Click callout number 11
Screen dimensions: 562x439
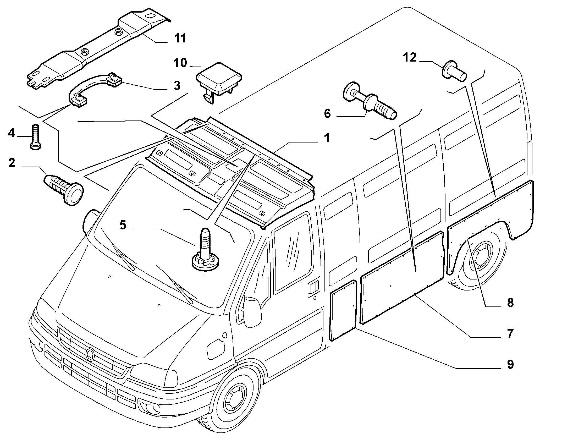point(180,38)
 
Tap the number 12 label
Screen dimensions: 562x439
point(410,58)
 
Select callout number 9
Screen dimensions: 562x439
point(510,365)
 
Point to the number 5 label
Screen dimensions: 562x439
point(123,225)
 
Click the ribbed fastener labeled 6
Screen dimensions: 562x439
point(370,101)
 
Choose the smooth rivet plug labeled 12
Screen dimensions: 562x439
point(455,70)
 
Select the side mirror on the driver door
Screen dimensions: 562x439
point(252,311)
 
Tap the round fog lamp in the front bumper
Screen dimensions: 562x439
point(150,413)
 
